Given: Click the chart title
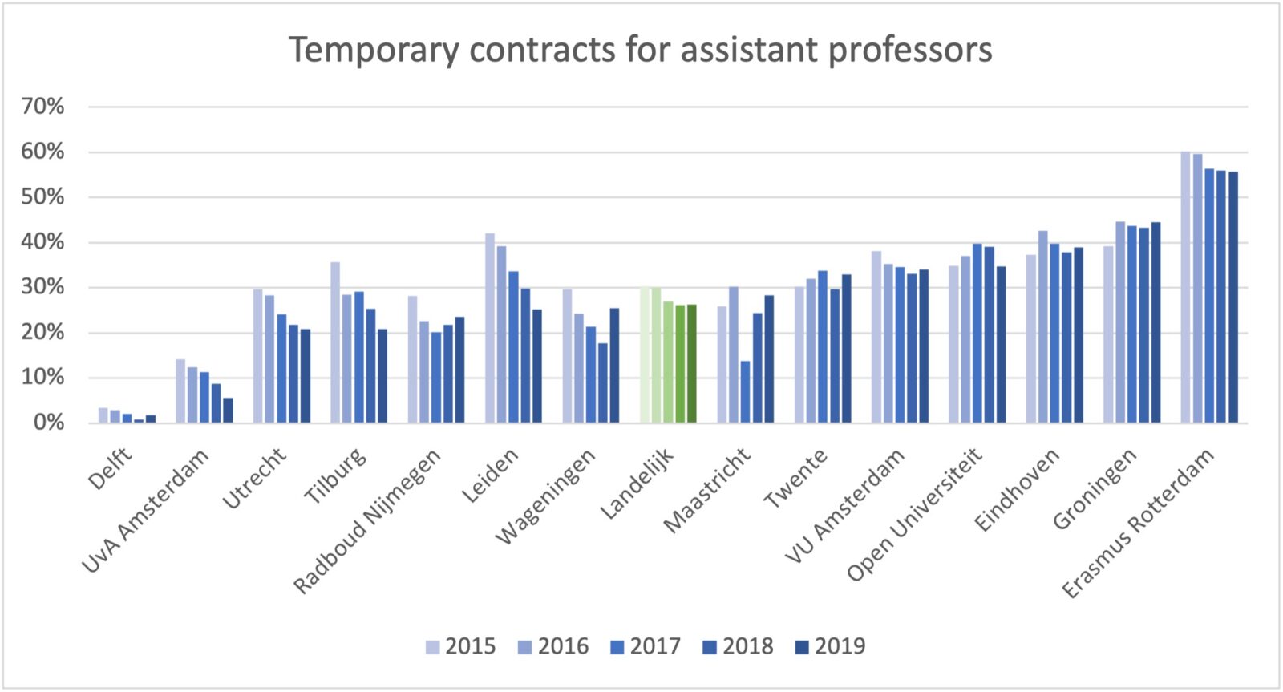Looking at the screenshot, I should (x=640, y=50).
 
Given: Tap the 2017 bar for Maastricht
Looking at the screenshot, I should (x=745, y=392).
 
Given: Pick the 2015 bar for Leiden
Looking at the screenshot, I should (x=490, y=328).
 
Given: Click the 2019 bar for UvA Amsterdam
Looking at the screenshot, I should (x=229, y=411).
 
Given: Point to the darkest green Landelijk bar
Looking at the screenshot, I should (x=691, y=363).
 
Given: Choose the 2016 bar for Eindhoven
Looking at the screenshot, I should (x=1042, y=327).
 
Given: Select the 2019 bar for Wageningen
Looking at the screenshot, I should (x=614, y=366).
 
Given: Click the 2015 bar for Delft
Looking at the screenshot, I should (x=103, y=415).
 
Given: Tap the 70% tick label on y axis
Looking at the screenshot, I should (x=42, y=106).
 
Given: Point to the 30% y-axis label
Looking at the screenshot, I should (x=42, y=287).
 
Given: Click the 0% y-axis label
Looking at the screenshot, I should (x=48, y=423).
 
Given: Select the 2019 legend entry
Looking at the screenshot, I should (x=830, y=646).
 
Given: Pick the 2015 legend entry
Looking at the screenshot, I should (x=461, y=646).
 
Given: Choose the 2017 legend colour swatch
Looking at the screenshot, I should (x=617, y=647).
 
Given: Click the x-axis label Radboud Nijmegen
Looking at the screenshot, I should (x=366, y=521).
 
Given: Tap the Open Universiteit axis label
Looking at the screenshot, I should (x=914, y=514).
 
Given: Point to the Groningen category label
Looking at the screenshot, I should (x=1095, y=489).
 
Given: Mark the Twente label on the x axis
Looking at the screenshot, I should (x=795, y=479).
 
